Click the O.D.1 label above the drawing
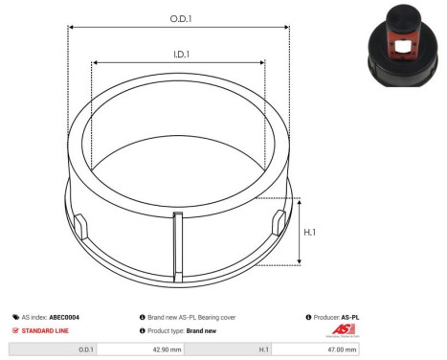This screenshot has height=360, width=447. [x=178, y=19]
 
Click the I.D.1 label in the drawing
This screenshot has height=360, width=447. [x=179, y=56]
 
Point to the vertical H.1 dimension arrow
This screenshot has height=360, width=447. [x=301, y=231]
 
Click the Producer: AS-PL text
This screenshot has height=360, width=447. [x=336, y=316]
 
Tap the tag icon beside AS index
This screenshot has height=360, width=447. [x=15, y=316]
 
